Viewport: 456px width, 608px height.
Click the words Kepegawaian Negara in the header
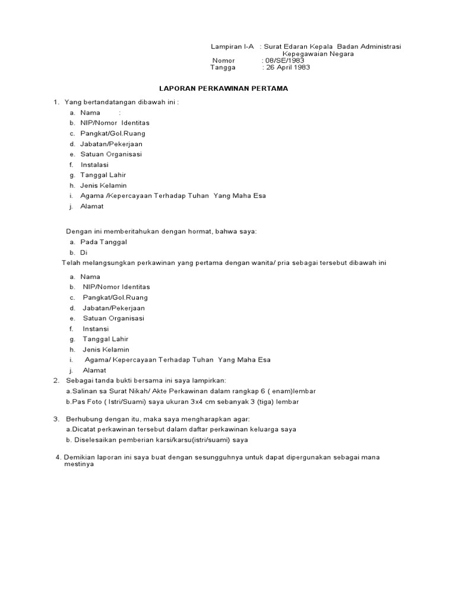coord(318,53)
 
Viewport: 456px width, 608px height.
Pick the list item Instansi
coord(96,328)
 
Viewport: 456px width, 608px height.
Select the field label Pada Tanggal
coord(103,242)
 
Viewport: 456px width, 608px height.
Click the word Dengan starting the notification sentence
coord(77,231)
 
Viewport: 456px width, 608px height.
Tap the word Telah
coord(71,262)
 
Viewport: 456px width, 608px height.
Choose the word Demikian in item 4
coord(78,457)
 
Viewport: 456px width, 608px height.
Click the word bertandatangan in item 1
coord(109,102)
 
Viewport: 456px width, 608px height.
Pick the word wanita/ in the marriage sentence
coord(268,262)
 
